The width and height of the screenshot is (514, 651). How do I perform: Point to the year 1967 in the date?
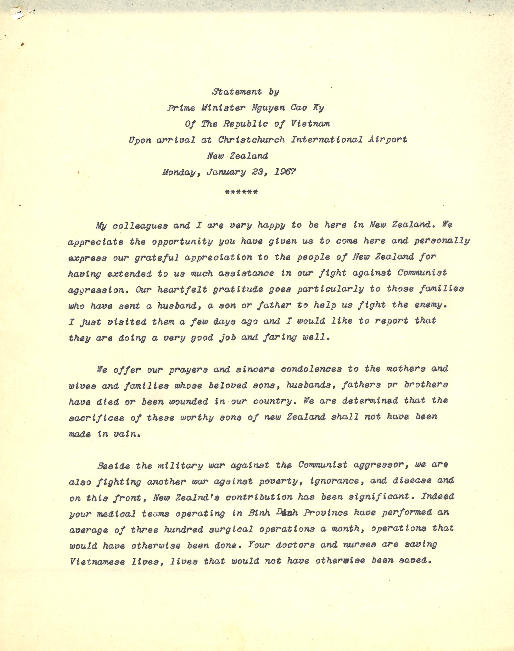click(285, 172)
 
